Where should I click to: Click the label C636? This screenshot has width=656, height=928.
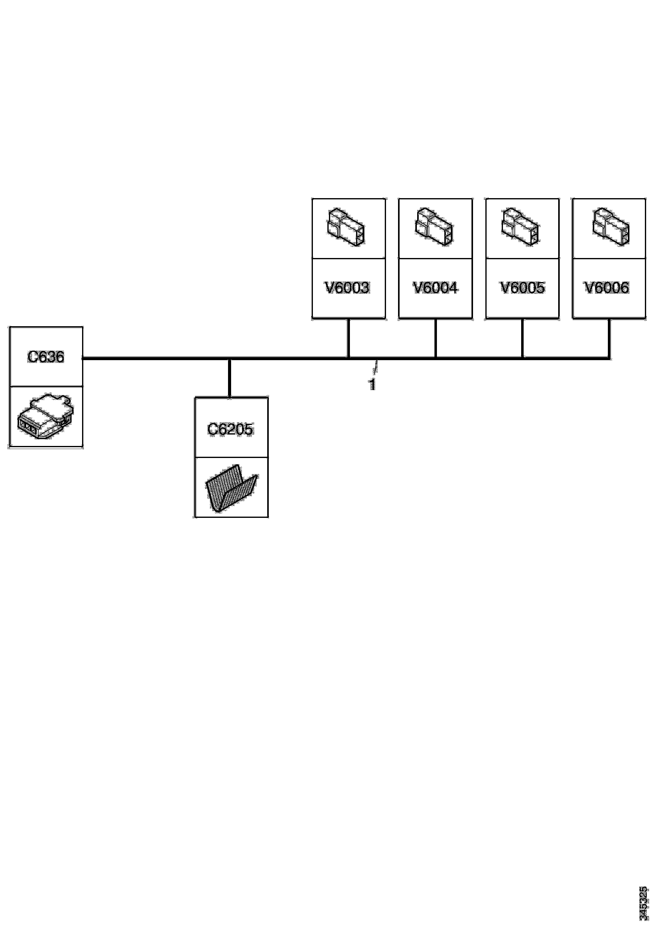tap(46, 356)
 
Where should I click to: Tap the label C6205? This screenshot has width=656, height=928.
tap(230, 429)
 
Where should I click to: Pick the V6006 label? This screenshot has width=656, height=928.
tap(607, 287)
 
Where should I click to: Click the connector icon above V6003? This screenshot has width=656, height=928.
tap(346, 227)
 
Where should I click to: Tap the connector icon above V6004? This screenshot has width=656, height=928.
tap(434, 227)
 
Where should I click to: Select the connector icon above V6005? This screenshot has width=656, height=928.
tap(521, 227)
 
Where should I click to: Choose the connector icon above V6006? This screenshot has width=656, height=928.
tap(611, 227)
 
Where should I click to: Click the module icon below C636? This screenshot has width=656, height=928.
tap(46, 416)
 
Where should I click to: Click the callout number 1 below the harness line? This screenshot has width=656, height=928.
tap(372, 384)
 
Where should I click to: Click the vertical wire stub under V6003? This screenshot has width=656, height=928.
tap(348, 338)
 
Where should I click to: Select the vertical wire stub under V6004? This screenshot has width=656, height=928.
tap(435, 338)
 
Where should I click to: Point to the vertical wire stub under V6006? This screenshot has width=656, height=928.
tap(609, 338)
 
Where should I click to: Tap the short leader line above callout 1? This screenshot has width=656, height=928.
tap(376, 367)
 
